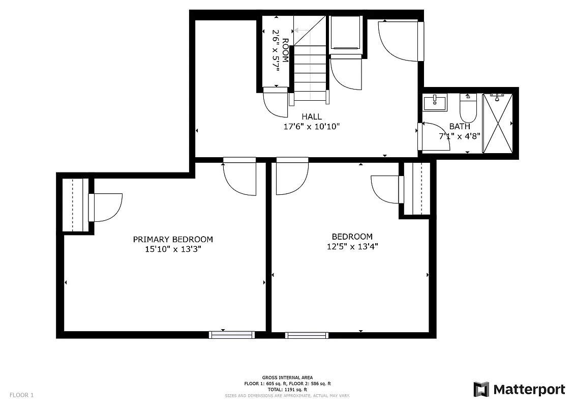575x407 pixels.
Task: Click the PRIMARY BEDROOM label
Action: tap(173, 239)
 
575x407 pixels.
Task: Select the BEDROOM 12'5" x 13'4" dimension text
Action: tap(352, 247)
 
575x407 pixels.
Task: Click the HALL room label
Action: tap(311, 117)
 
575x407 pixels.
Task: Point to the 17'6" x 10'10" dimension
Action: tap(311, 126)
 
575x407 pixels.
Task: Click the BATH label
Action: tap(460, 127)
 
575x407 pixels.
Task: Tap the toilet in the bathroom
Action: tap(468, 107)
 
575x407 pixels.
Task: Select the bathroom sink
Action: tap(435, 103)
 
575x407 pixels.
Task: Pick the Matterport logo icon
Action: tap(481, 389)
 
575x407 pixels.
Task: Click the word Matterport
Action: tap(529, 390)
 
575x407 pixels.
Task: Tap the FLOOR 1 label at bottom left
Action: tap(21, 395)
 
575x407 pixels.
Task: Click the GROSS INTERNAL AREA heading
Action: tap(287, 377)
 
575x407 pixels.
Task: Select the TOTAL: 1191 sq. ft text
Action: tap(287, 389)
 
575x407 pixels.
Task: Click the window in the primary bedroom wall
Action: tap(231, 335)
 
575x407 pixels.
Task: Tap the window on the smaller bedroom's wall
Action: tap(307, 335)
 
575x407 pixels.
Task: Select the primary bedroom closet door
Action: tap(105, 208)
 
